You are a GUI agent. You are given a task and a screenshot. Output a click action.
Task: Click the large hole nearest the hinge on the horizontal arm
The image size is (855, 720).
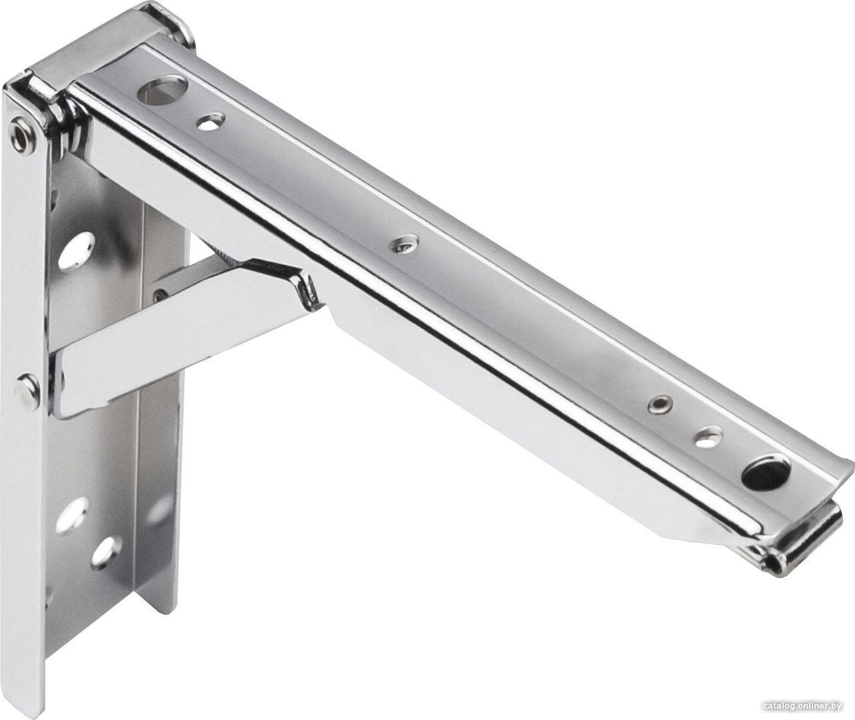[x=162, y=90]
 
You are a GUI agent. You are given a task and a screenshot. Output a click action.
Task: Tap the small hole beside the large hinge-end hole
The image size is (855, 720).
[x=211, y=122]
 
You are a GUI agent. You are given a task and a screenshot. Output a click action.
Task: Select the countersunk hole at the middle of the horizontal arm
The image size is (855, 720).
[x=403, y=245]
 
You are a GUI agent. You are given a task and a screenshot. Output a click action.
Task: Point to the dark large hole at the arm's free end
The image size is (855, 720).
[x=761, y=474]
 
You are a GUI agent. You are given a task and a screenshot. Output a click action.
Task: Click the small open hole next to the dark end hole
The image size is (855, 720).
[x=707, y=437]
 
